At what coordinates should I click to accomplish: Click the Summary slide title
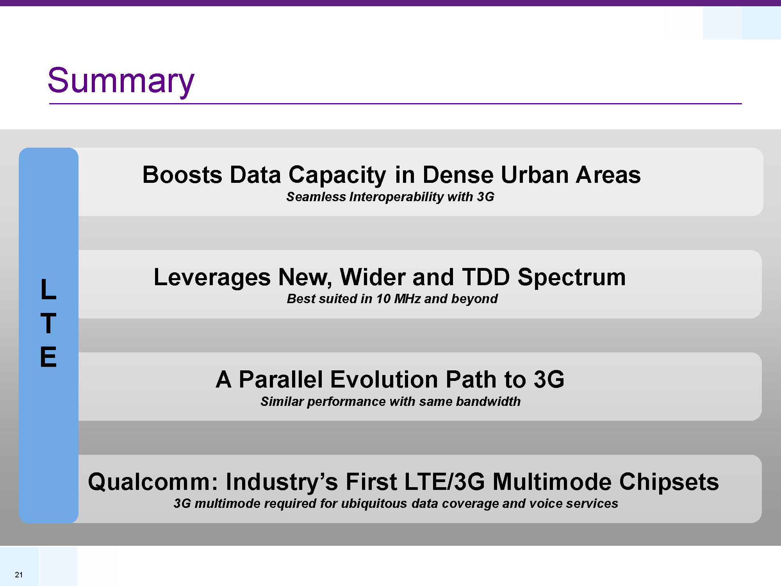121,81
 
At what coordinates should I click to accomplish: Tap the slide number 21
19,575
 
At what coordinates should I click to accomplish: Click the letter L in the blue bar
48,289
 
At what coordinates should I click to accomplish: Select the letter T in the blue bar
48,323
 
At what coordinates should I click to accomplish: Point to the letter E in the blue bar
48,357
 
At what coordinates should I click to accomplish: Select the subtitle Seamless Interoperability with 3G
390,197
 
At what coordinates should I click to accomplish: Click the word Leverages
212,278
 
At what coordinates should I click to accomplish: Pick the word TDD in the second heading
486,277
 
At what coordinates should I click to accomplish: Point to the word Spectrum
572,278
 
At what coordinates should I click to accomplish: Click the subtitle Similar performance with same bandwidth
390,402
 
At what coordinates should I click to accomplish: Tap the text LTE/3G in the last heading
444,482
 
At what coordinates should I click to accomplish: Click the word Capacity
337,175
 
